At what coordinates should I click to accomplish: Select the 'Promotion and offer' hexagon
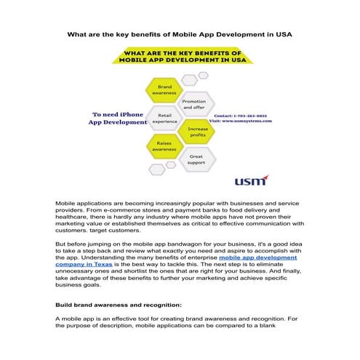[x=194, y=104]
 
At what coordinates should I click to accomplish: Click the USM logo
[x=250, y=180]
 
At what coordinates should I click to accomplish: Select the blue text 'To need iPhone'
[x=116, y=114]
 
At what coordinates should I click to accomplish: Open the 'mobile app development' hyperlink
[x=257, y=257]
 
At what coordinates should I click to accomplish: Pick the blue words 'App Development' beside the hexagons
[x=117, y=123]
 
